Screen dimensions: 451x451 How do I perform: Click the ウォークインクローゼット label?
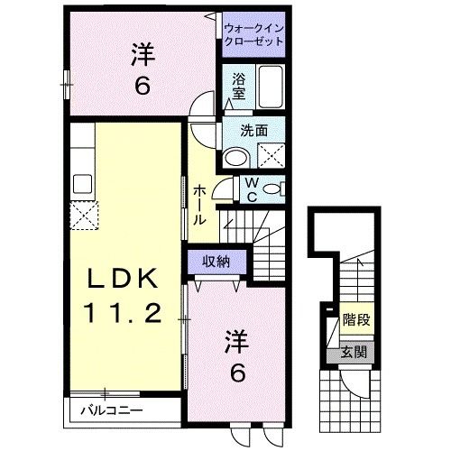coord(254,33)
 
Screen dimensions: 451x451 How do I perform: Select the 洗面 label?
coord(254,131)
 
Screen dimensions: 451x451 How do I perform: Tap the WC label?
coord(253,189)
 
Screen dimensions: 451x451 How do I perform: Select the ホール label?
coord(199,203)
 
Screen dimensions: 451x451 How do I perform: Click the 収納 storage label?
coord(215,261)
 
